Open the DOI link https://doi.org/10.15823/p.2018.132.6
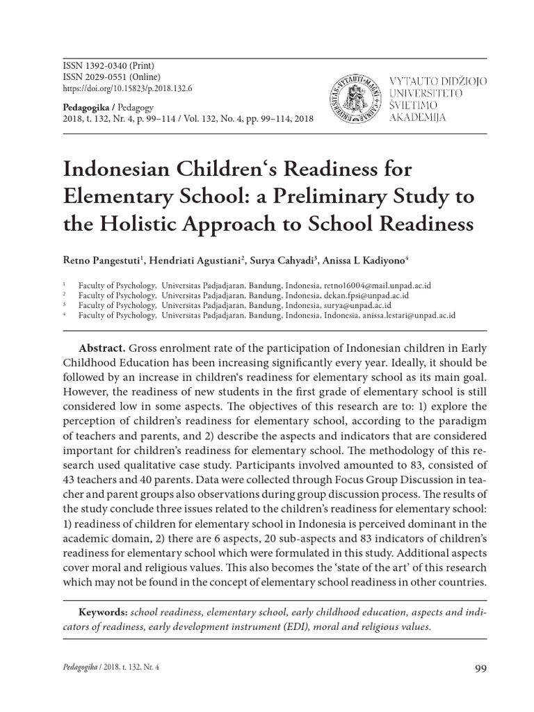127,89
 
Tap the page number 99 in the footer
480,668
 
